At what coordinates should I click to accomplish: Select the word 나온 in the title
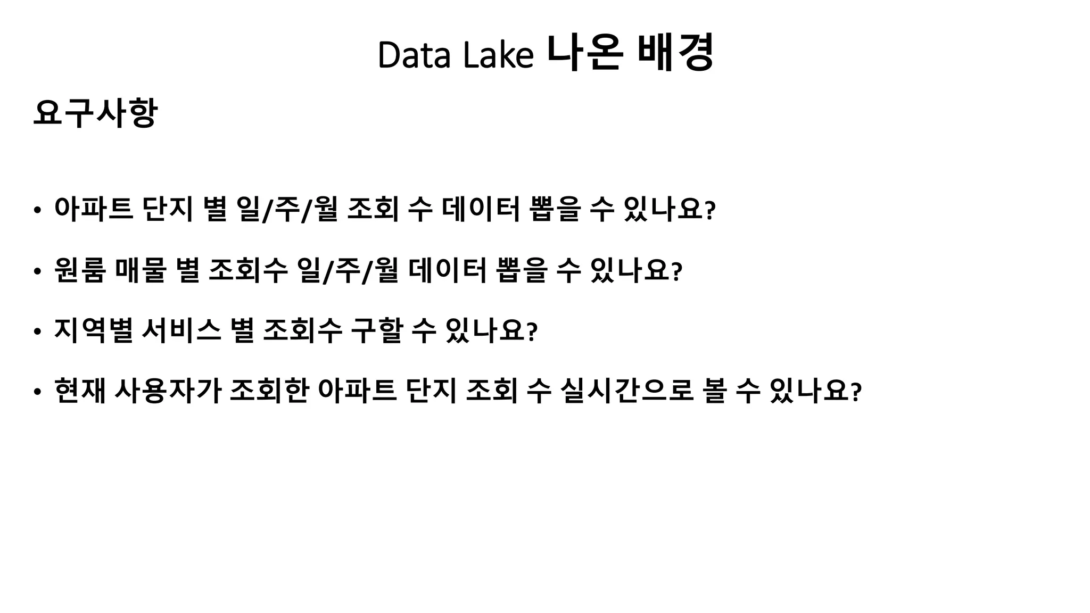coord(584,53)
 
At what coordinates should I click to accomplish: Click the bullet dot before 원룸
coord(36,271)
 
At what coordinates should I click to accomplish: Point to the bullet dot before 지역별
coord(36,332)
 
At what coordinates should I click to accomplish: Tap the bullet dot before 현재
coord(36,392)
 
